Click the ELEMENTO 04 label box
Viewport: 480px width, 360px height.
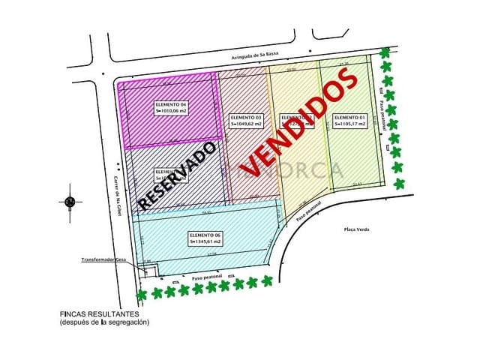[170, 108]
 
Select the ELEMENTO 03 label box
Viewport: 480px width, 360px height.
[247, 121]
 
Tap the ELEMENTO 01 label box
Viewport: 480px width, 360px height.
[349, 121]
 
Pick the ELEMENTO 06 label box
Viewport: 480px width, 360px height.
[205, 238]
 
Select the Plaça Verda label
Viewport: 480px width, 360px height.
[357, 229]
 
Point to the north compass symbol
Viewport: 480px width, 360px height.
[70, 201]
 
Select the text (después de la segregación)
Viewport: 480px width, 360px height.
[105, 322]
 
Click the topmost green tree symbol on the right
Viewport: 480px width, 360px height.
[385, 53]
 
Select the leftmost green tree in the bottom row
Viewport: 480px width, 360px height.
[138, 295]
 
